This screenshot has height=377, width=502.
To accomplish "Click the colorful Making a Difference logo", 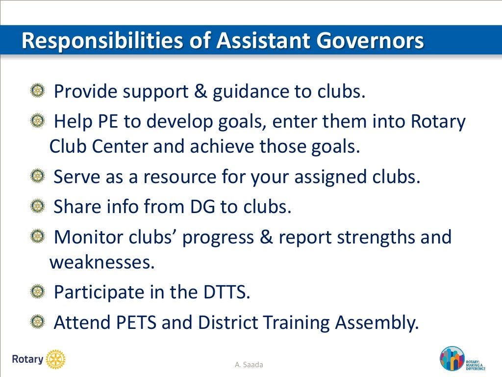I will click(452, 359).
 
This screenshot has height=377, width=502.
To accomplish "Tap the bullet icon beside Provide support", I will click(37, 90).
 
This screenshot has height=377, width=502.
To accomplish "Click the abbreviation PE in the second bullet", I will click(107, 122).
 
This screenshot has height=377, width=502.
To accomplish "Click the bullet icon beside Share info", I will click(37, 207).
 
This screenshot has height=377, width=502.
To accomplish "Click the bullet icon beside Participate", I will click(37, 292).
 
